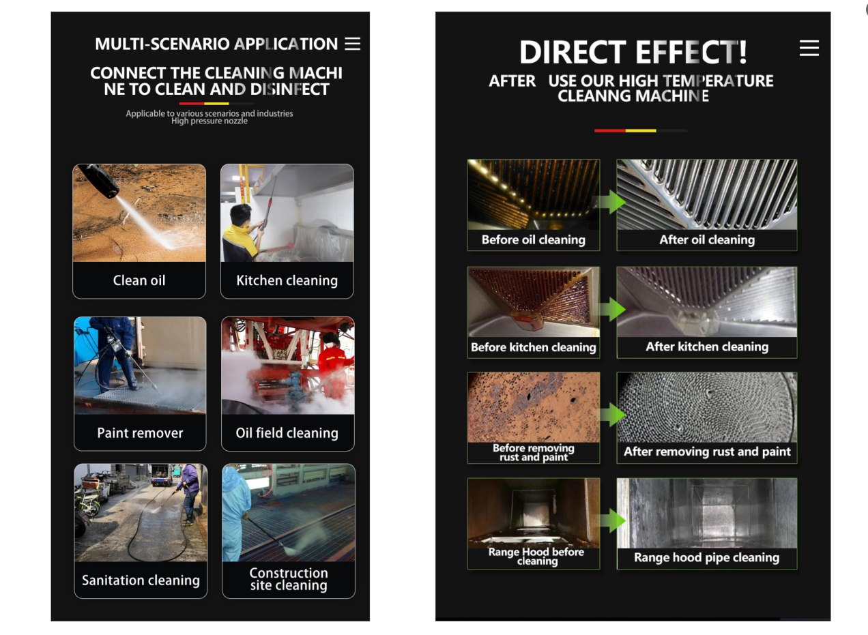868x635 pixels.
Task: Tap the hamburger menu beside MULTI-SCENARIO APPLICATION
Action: (352, 44)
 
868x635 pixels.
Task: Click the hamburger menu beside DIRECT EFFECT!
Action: (809, 48)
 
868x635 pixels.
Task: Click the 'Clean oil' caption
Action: (139, 280)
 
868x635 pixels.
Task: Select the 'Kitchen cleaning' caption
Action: (287, 280)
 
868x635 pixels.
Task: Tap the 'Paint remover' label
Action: (140, 433)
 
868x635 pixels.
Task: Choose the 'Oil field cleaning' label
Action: (287, 433)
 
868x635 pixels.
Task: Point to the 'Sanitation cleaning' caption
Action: (141, 580)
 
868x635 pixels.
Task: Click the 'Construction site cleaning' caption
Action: (288, 579)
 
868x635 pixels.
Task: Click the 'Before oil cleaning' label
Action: (533, 240)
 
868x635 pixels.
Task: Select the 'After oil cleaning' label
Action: (706, 240)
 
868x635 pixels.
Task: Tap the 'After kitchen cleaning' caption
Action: (706, 347)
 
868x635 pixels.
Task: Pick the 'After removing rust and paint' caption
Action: (706, 452)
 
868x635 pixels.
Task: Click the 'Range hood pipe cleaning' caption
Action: (706, 558)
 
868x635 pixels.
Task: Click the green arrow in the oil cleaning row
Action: (612, 202)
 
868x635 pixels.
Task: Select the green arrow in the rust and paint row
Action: (612, 415)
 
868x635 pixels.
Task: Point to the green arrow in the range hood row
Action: (612, 521)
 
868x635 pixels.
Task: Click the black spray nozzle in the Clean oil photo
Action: (99, 181)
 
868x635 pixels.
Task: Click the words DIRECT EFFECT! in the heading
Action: (633, 53)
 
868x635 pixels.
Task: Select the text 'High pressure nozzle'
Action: (209, 121)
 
